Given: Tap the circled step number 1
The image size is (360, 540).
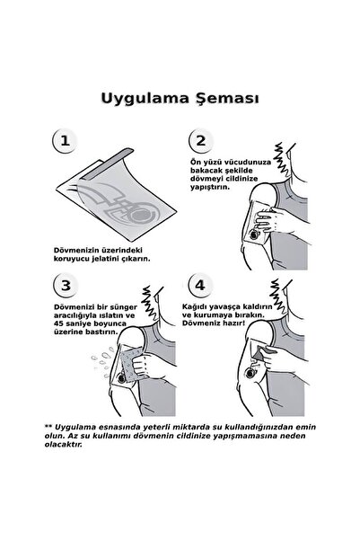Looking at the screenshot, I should coord(62,141).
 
